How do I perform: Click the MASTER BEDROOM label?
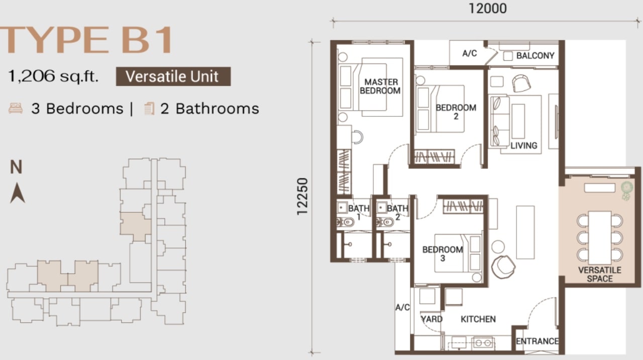click(x=380, y=86)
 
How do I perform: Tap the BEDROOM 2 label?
click(x=456, y=112)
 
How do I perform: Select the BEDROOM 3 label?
click(x=443, y=254)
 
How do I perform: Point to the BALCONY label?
click(x=535, y=56)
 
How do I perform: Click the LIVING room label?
click(x=524, y=146)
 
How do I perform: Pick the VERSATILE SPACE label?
click(x=600, y=274)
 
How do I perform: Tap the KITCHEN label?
click(x=478, y=319)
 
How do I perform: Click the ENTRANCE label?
click(x=537, y=341)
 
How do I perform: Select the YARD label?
click(x=432, y=319)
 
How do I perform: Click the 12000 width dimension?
click(x=488, y=9)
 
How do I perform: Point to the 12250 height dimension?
click(x=302, y=196)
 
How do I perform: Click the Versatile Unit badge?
click(x=173, y=76)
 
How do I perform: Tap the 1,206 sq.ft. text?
click(x=53, y=76)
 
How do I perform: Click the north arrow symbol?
click(x=18, y=193)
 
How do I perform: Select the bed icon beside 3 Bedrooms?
click(x=16, y=108)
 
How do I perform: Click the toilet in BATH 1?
click(x=346, y=222)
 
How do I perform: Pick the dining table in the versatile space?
click(x=600, y=237)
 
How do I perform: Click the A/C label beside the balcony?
click(x=470, y=53)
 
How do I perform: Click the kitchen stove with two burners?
click(x=483, y=343)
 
